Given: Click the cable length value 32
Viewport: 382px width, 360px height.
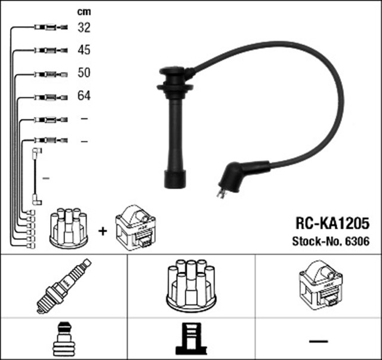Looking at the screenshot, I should [84, 27].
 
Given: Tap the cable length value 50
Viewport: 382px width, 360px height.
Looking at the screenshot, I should [84, 73].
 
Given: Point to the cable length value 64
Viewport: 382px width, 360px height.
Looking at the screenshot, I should [84, 96].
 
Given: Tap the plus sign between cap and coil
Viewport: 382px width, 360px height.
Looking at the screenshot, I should [103, 231].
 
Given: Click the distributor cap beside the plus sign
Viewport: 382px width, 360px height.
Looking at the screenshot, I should [67, 227].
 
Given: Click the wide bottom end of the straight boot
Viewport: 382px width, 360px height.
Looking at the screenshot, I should [174, 179].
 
